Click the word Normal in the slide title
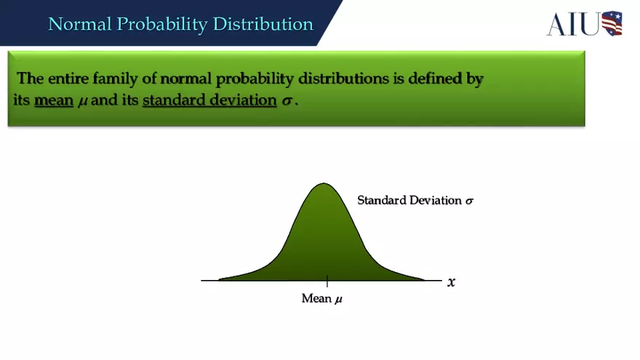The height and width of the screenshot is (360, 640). coord(78,24)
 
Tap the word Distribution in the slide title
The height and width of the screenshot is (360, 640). coord(263,24)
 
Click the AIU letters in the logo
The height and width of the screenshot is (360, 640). coord(573,24)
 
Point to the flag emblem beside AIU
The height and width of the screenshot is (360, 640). coord(612,23)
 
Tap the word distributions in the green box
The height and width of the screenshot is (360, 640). coord(344,79)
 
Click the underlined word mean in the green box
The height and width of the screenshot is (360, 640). coord(54,100)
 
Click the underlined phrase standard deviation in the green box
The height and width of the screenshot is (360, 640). coord(209,100)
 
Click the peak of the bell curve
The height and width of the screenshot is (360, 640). coord(323,184)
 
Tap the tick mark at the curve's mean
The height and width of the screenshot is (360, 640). coord(327,281)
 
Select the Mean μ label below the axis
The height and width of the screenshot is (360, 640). coord(321,299)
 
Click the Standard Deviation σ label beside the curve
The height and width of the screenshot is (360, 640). coord(415,200)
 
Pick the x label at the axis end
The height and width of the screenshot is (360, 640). coord(452,282)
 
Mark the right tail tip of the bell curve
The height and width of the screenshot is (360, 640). coord(424,279)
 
